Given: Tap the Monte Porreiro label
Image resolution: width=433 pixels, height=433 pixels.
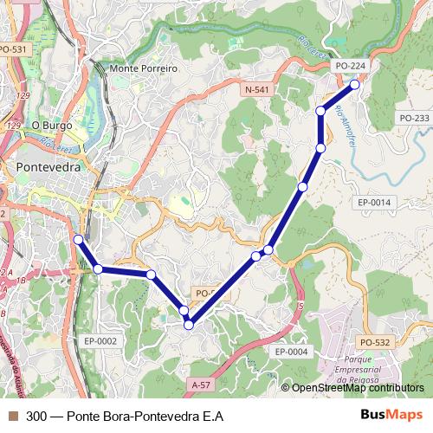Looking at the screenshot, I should click(144, 68).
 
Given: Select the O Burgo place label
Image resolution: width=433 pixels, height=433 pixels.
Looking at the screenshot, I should click(49, 125).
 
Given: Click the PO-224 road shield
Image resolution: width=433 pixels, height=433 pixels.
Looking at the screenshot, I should click(351, 65).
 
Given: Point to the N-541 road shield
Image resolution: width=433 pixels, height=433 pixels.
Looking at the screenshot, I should click(257, 89).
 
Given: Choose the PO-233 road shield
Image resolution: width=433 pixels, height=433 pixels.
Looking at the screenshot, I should click(414, 118).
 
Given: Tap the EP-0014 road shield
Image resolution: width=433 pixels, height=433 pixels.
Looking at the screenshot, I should click(374, 203).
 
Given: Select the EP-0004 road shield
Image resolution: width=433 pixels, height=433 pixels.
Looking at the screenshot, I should click(291, 352).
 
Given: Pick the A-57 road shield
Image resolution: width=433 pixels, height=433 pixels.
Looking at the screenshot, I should click(201, 384).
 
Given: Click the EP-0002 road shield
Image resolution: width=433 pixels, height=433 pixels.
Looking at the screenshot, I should click(100, 341).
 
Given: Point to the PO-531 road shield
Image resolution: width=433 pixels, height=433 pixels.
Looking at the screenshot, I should click(14, 50).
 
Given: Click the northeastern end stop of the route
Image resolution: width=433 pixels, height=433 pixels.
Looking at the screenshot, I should click(355, 85).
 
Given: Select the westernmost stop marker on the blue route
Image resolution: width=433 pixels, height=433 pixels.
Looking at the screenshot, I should click(78, 239).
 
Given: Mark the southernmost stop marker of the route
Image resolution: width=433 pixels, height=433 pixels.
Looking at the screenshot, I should click(189, 325).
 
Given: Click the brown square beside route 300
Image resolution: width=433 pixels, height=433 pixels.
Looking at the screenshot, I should click(13, 417).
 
